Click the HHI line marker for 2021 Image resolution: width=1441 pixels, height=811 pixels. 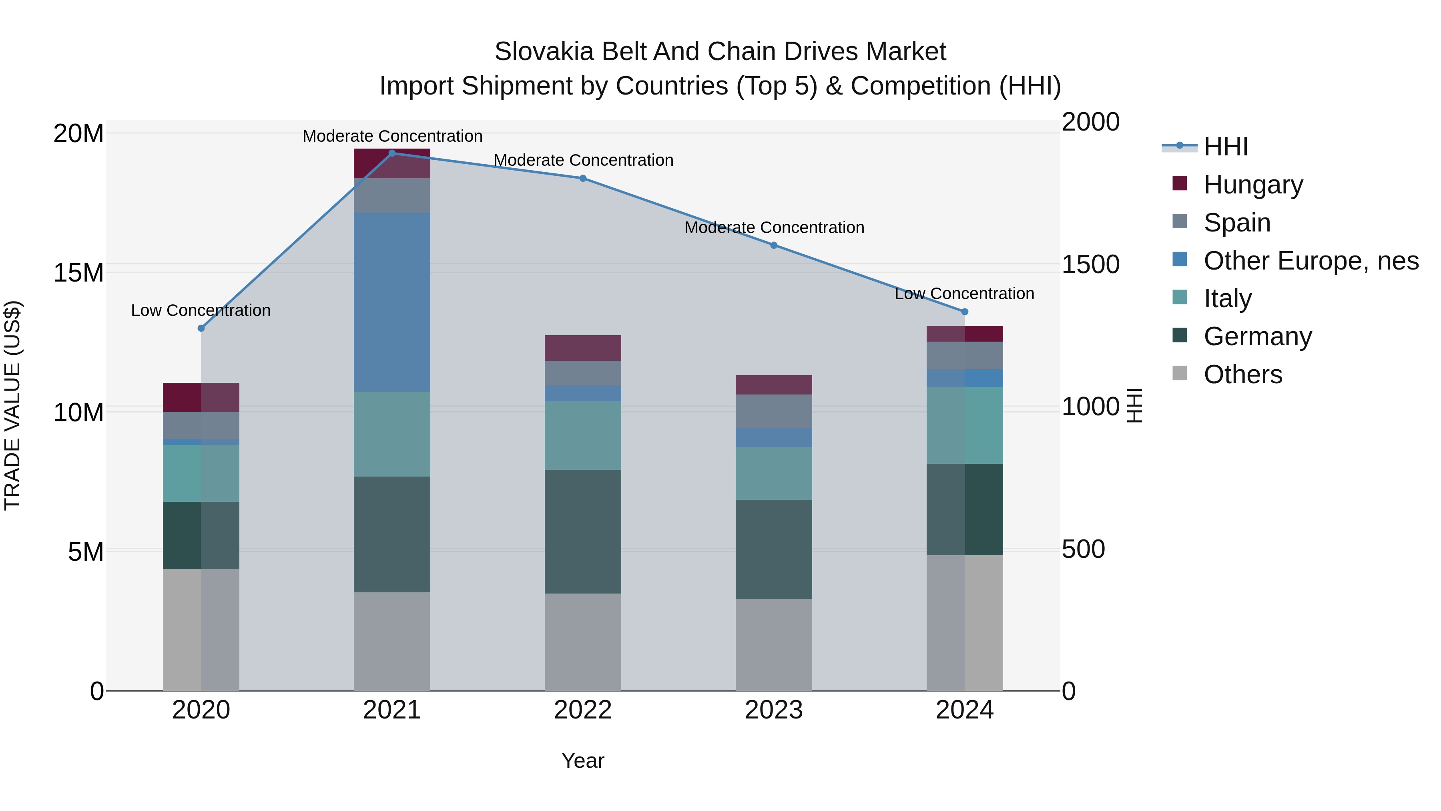tap(392, 153)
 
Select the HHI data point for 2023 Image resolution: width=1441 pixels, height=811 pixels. tap(774, 245)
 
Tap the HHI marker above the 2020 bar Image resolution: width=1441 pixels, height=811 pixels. tap(201, 328)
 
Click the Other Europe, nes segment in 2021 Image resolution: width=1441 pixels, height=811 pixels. tap(392, 302)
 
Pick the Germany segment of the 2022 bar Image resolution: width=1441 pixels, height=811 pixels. tap(583, 532)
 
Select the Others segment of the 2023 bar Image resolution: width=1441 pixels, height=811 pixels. tap(774, 645)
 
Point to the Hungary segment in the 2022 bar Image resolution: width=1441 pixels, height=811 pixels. tap(583, 348)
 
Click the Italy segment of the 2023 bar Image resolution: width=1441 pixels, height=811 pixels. tap(774, 473)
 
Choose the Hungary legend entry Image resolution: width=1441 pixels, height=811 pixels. tap(1253, 185)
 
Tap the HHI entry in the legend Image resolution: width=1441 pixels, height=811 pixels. tap(1225, 147)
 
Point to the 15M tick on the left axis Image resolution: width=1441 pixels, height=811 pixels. tap(78, 273)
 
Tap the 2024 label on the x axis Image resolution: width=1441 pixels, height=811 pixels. tap(964, 710)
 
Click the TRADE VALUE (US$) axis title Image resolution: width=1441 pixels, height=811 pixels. tap(12, 405)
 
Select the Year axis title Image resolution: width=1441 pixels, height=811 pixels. tap(583, 761)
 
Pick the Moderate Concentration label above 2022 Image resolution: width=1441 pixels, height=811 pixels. tap(583, 160)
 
